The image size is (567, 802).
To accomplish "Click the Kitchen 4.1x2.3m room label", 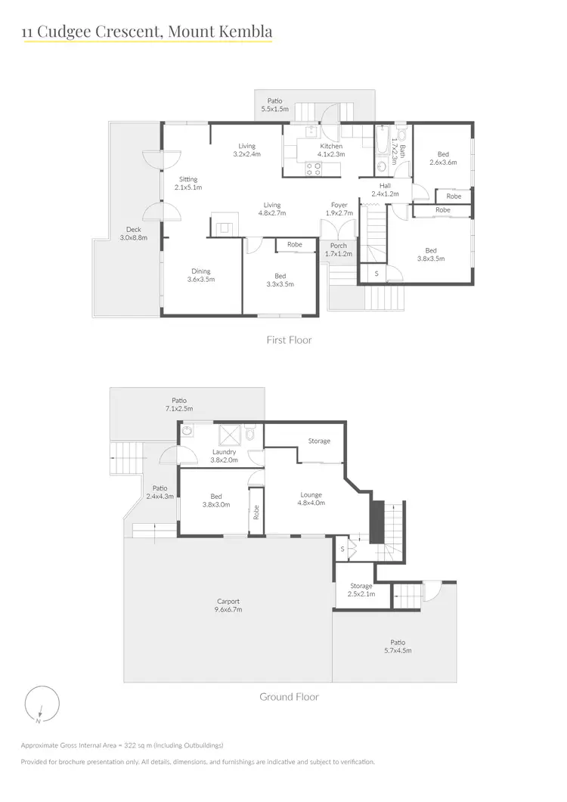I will [x=331, y=150].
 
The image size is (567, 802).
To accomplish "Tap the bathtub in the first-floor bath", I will [x=383, y=144].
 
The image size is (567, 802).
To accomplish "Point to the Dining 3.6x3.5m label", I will [x=200, y=275].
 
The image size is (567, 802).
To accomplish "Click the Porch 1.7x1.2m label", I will [x=338, y=249].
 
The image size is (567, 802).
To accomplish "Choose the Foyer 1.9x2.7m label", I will [x=339, y=209].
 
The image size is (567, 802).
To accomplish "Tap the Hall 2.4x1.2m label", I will [x=385, y=190].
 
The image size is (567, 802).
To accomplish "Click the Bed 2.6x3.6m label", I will [x=443, y=158].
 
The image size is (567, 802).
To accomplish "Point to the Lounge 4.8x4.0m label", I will [x=311, y=499].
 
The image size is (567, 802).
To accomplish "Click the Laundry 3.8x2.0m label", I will [x=224, y=456].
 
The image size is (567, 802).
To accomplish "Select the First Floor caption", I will [x=289, y=340].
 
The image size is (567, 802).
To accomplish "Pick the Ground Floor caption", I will [x=289, y=697].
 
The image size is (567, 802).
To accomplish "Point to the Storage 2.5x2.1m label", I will [x=361, y=590].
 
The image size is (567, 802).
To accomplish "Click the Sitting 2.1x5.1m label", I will [x=188, y=183].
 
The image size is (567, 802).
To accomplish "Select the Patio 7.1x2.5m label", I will [x=178, y=404].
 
